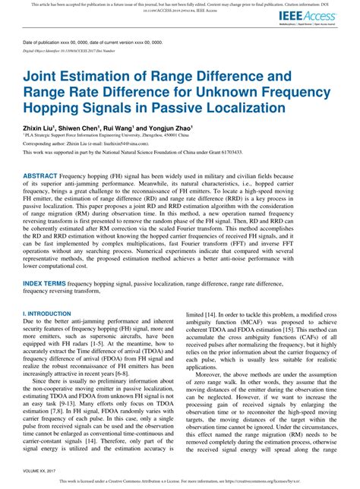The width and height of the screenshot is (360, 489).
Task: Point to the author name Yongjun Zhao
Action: [175, 129]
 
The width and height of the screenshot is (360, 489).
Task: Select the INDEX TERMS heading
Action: [48, 261]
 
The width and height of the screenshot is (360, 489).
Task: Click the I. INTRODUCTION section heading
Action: [46, 291]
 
